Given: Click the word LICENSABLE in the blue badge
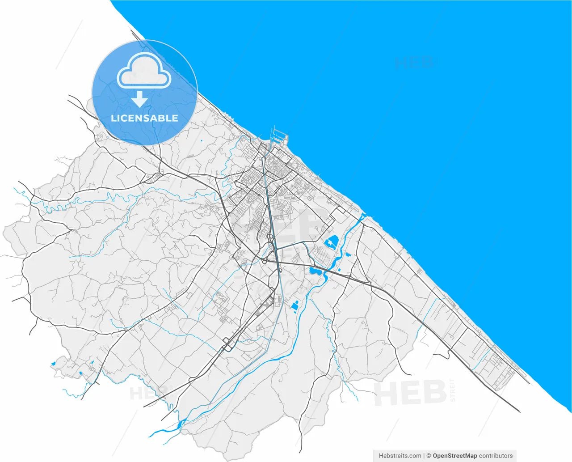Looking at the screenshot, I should [144, 119].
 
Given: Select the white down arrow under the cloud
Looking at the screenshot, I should [139, 99].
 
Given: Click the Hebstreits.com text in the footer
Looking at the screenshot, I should [400, 456].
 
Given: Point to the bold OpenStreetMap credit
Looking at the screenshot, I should [454, 456].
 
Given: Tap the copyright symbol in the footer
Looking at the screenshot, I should [429, 456].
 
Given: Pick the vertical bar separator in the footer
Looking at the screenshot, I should [424, 456].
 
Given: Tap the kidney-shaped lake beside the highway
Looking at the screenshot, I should [315, 271].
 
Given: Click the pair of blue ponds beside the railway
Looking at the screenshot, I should [295, 305].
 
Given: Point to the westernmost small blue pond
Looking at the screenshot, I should [53, 364].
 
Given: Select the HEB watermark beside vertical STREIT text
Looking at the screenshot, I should [410, 393].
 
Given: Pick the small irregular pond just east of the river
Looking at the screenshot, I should [348, 254].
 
